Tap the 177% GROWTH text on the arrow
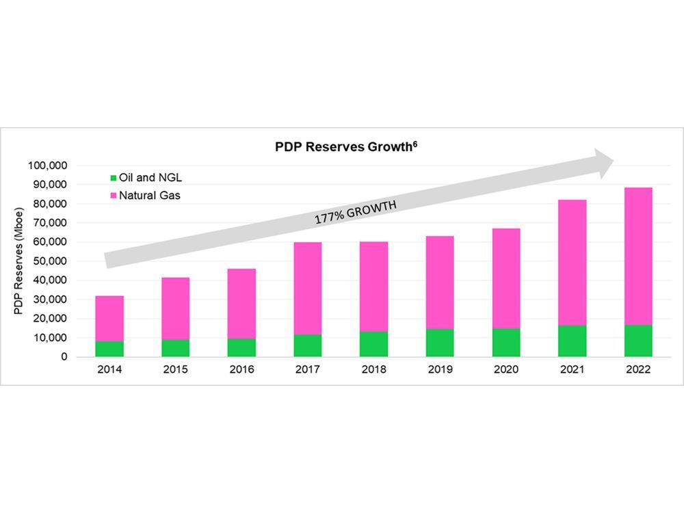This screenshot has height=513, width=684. [355, 213]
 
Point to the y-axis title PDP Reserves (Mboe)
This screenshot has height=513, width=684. [18, 261]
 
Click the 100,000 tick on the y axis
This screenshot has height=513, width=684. [47, 166]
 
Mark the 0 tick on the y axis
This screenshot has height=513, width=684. [64, 357]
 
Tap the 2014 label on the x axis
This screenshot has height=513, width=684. [109, 370]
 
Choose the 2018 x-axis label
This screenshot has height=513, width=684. [373, 370]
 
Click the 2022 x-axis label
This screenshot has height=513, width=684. [638, 370]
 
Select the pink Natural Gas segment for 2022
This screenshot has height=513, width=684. [638, 256]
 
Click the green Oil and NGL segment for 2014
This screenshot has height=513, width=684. [109, 349]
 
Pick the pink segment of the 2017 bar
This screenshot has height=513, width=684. [308, 288]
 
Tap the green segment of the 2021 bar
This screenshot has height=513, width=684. [572, 341]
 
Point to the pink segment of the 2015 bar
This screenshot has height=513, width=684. [176, 308]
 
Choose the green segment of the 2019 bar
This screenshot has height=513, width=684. [440, 343]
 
